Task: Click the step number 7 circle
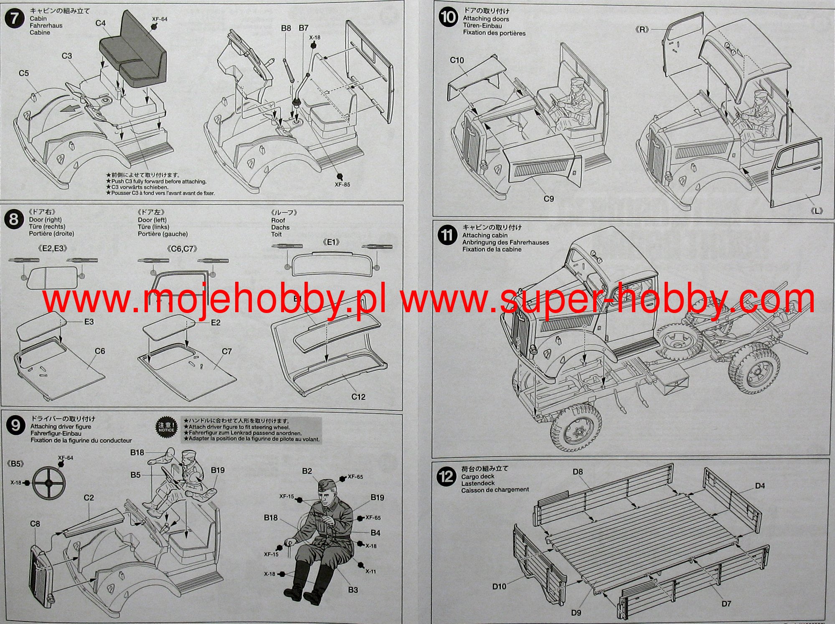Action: [x=15, y=19]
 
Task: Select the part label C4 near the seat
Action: [x=101, y=23]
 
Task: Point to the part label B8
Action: [x=286, y=28]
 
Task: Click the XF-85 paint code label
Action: [x=342, y=184]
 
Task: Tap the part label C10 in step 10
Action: [x=457, y=60]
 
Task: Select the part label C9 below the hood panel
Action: [x=548, y=199]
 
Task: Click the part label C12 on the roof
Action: [x=358, y=397]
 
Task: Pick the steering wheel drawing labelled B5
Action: [x=49, y=483]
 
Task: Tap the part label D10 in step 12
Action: [x=499, y=586]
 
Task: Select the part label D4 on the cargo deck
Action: [x=760, y=486]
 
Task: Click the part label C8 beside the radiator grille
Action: [x=35, y=523]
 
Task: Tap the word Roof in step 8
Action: [x=278, y=220]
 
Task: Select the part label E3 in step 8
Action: [x=89, y=322]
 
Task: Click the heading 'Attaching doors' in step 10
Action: [x=485, y=19]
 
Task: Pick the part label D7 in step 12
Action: [x=726, y=604]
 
